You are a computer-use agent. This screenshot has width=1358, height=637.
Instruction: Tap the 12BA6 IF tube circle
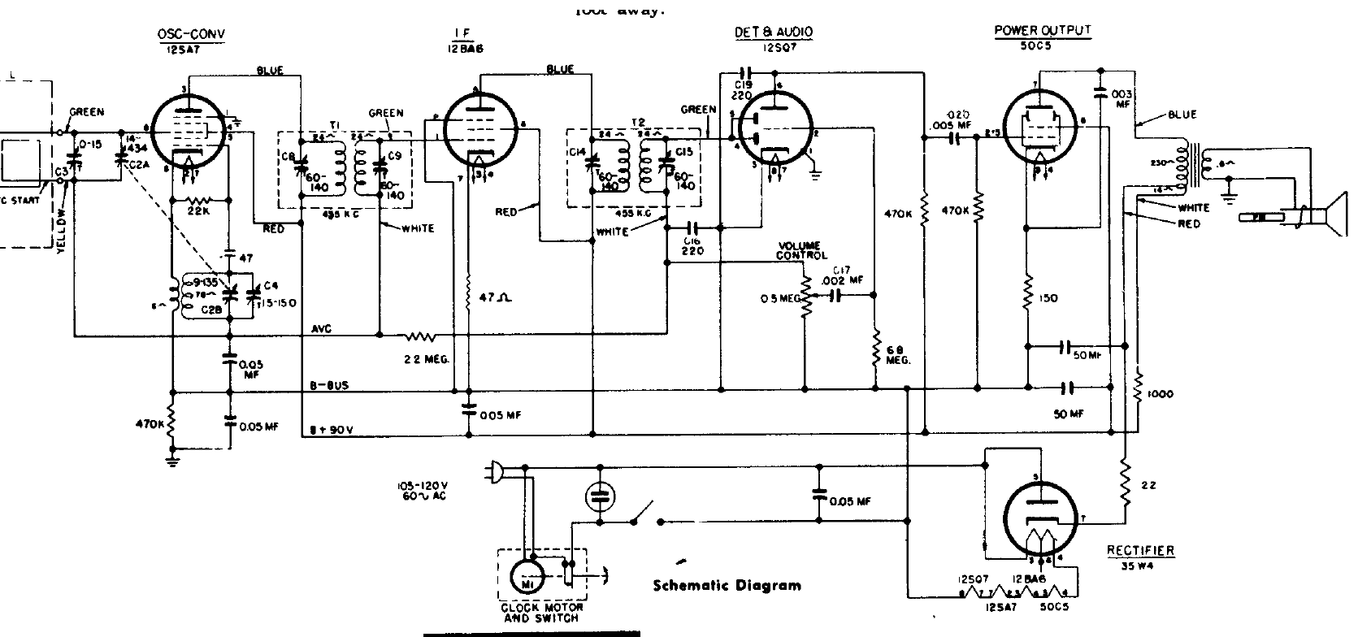[x=480, y=130]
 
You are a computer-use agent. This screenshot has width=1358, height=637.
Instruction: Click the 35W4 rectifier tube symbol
[x=1040, y=513]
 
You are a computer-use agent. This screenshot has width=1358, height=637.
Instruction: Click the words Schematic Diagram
[x=727, y=585]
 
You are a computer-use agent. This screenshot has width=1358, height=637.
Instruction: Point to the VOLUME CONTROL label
[x=800, y=250]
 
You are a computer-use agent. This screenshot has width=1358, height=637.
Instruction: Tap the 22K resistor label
[x=197, y=214]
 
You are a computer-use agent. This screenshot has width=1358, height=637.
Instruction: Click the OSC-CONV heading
[x=191, y=33]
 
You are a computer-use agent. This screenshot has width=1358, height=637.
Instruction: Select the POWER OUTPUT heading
[x=1043, y=30]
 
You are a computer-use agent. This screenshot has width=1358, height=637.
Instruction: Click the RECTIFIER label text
[x=1140, y=550]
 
